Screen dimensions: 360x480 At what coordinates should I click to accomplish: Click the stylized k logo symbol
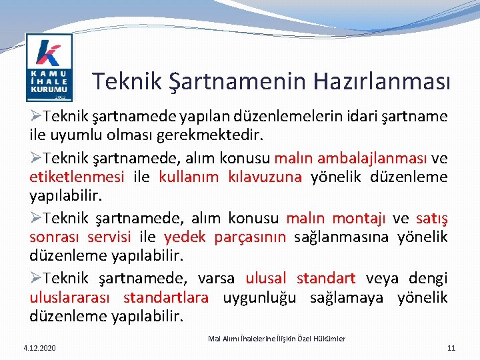click(49, 53)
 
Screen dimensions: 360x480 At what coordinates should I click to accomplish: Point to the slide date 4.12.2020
click(39, 348)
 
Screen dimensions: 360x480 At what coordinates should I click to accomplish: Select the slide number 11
click(451, 348)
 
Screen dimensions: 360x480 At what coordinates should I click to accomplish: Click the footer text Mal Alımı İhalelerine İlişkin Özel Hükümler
click(277, 339)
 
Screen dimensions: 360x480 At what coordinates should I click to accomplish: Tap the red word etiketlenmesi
click(77, 177)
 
